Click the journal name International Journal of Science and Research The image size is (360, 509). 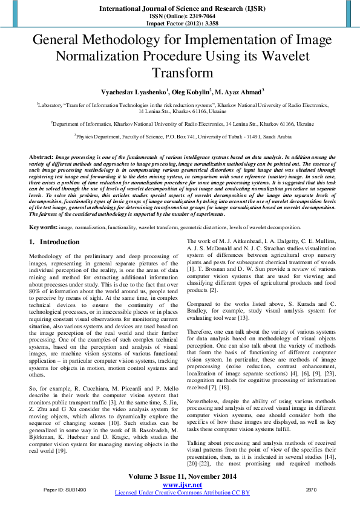(x=180, y=9)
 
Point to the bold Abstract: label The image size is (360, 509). (x=41, y=157)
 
